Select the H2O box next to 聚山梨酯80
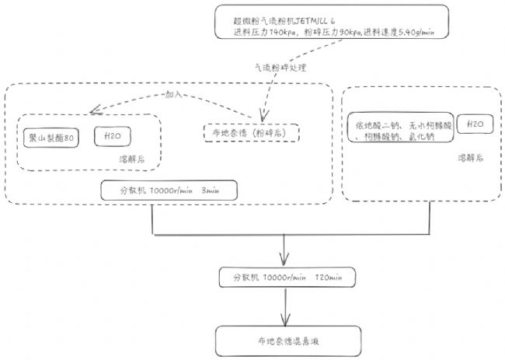(x=112, y=137)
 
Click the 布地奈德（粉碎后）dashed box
(x=249, y=132)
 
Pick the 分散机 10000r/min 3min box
(x=168, y=190)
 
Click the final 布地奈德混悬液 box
(x=288, y=338)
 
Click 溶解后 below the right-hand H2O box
(x=468, y=157)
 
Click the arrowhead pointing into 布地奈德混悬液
(x=288, y=321)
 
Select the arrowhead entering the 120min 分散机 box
(x=288, y=261)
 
